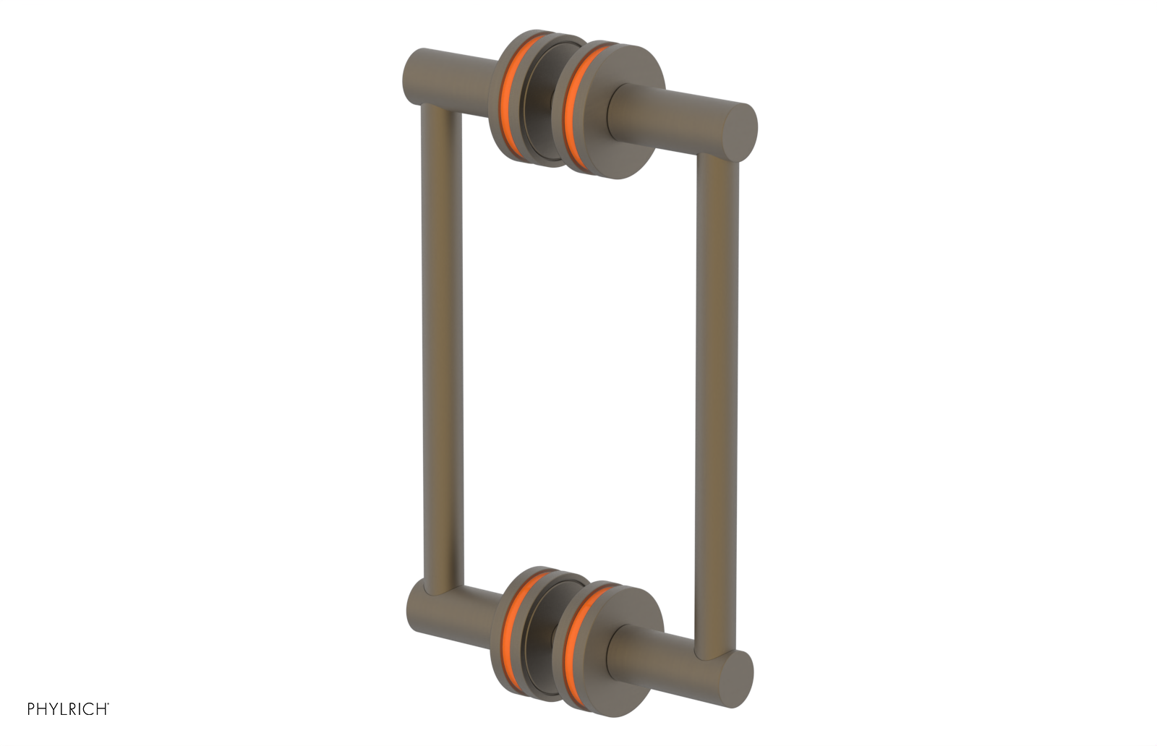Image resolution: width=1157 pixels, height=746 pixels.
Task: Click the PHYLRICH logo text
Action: [67, 709]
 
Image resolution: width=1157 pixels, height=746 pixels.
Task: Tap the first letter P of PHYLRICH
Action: [31, 709]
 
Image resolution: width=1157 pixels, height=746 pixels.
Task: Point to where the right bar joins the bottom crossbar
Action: [716, 651]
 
